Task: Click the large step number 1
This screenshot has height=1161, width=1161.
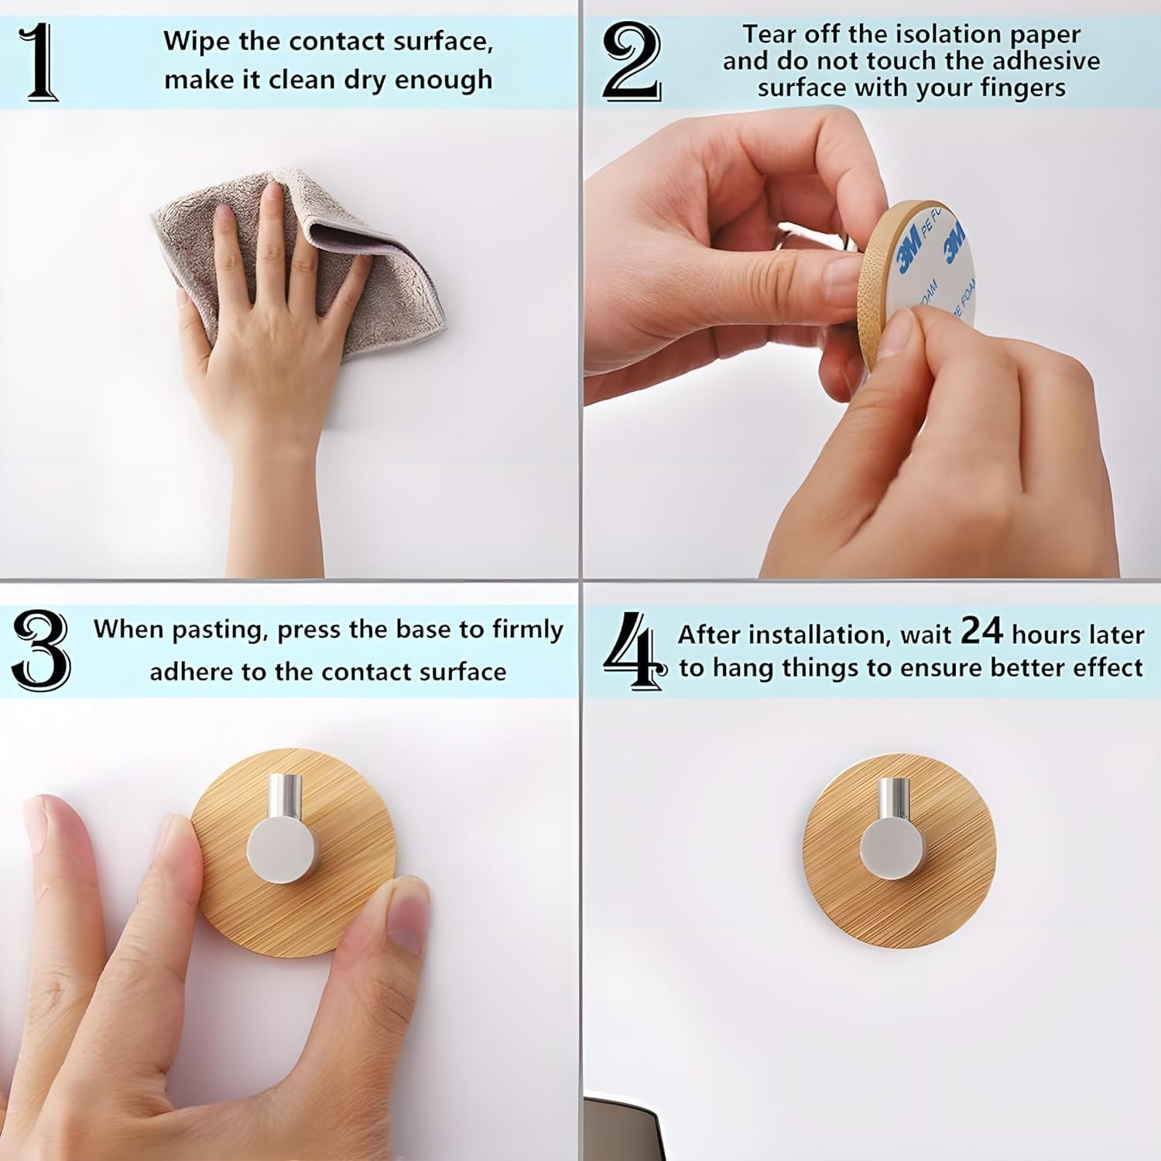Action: [x=41, y=63]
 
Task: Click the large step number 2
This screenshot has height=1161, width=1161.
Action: [x=632, y=63]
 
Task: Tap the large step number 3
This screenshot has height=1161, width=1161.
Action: [x=40, y=650]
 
